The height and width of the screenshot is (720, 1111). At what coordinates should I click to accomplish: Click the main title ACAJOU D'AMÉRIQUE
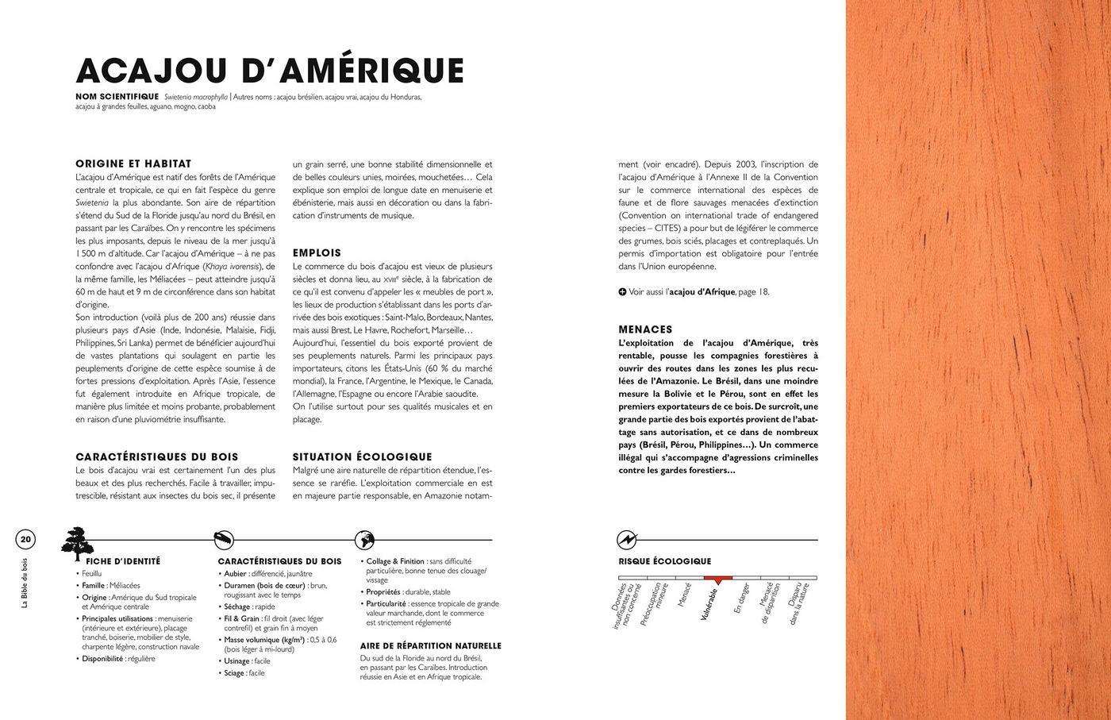pos(269,70)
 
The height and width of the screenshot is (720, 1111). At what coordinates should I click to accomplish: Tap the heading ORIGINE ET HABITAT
pos(133,164)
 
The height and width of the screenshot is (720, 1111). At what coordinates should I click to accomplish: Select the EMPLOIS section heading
pos(317,252)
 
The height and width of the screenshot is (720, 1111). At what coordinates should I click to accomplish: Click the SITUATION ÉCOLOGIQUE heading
pos(362,456)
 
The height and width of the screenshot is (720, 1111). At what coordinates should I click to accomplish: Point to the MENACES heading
pos(645,329)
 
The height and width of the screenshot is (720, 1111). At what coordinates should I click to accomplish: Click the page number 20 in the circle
pos(25,540)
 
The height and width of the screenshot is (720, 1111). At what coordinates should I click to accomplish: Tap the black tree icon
pos(77,543)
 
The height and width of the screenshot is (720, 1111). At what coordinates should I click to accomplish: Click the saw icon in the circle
pos(225,540)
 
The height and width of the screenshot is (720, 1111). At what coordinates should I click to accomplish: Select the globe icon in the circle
pos(364,540)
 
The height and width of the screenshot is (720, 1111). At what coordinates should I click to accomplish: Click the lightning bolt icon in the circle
pos(627,540)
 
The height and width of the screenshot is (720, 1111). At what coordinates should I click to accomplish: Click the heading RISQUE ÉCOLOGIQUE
pos(664,561)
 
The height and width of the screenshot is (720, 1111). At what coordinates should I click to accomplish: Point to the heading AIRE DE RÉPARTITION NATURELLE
pos(431,646)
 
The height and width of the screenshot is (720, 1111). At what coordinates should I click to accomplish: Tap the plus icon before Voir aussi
pos(623,291)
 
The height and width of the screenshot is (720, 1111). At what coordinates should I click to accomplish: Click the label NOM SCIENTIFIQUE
pos(117,97)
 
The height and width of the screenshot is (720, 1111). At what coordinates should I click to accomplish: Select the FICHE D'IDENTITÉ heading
pos(123,561)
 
